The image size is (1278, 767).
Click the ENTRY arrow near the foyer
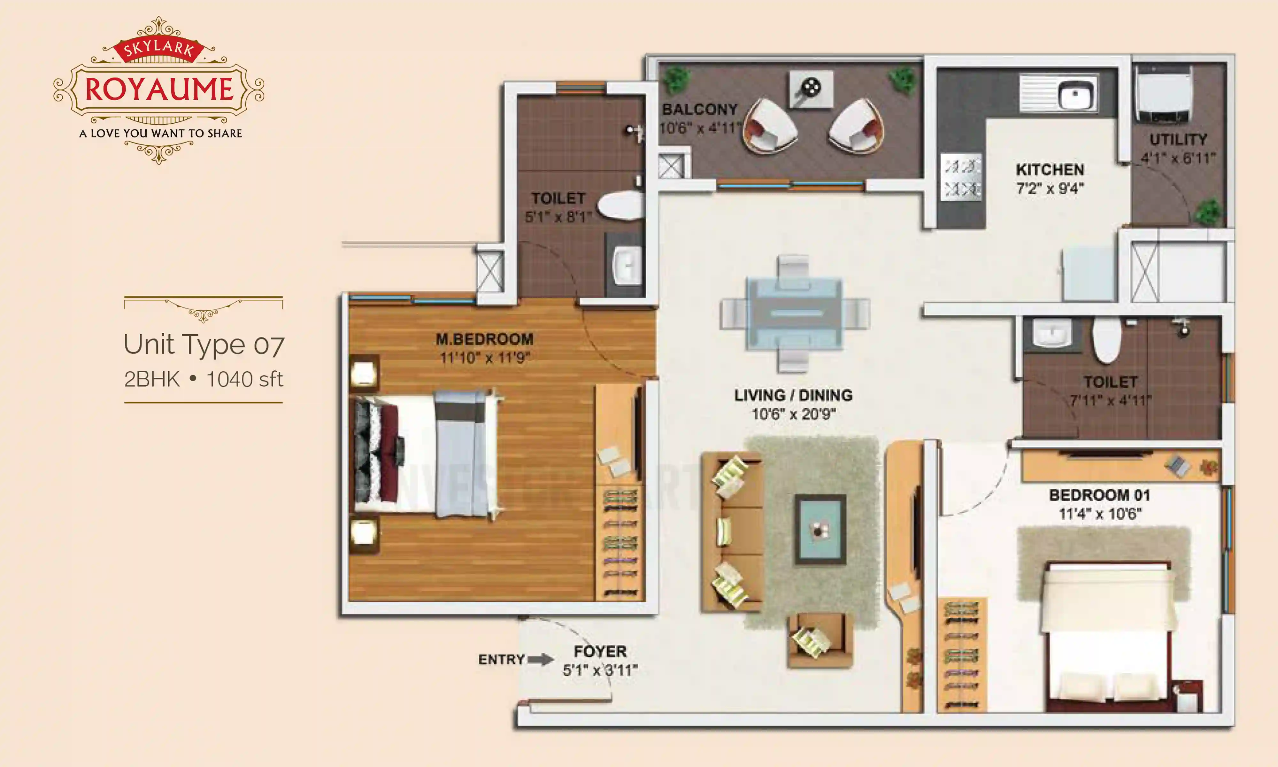pyautogui.click(x=540, y=660)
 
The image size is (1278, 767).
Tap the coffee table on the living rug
pyautogui.click(x=820, y=530)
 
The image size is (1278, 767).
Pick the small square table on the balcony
pyautogui.click(x=811, y=89)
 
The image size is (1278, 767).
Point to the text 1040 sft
pyautogui.click(x=244, y=379)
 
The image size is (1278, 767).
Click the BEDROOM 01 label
pyautogui.click(x=1099, y=495)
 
